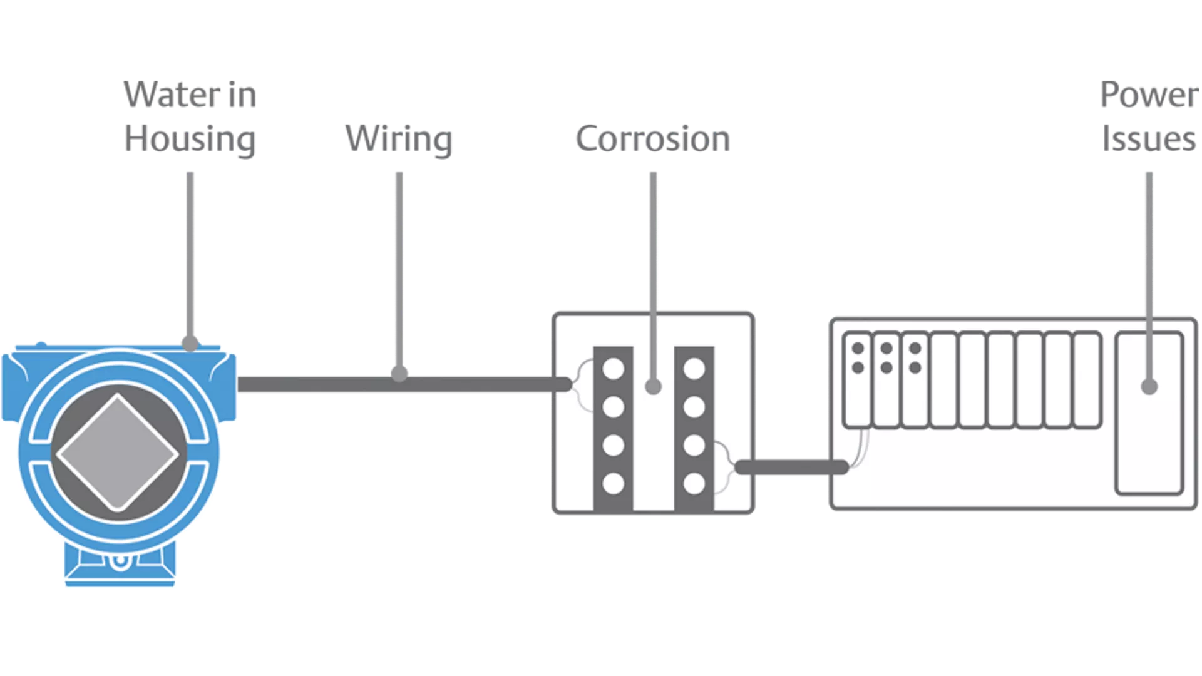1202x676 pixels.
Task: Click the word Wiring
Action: click(x=399, y=138)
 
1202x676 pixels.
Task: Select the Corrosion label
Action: click(x=652, y=138)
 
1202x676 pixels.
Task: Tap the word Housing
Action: click(x=190, y=138)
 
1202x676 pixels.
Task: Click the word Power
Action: click(x=1148, y=95)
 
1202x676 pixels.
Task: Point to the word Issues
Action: click(x=1149, y=138)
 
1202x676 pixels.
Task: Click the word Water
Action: click(x=171, y=95)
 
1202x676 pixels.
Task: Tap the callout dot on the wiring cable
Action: click(x=399, y=374)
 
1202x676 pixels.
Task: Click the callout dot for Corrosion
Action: click(x=653, y=386)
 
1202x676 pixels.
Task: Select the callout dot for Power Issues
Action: click(x=1149, y=386)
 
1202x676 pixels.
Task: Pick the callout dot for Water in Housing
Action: click(x=190, y=343)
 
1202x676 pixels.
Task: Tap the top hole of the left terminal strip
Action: click(x=614, y=369)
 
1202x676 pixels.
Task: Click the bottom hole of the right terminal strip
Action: click(x=694, y=483)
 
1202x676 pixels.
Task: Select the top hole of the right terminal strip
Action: click(x=694, y=369)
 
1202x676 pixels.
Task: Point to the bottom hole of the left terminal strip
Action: click(x=614, y=483)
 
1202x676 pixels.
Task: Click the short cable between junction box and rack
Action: click(x=792, y=467)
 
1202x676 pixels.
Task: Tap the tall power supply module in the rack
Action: click(x=1149, y=438)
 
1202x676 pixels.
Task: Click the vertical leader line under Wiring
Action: click(x=399, y=269)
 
